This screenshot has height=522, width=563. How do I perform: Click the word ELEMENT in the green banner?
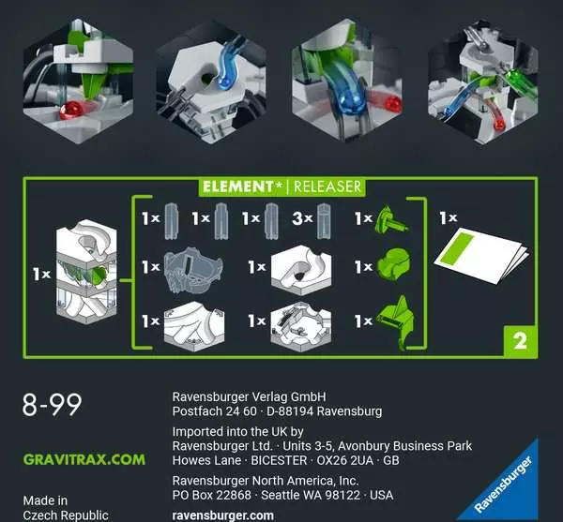(x=237, y=186)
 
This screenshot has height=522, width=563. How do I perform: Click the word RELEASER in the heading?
(x=327, y=186)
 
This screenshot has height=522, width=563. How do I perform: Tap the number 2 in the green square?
(x=520, y=341)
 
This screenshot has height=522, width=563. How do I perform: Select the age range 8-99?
(x=52, y=405)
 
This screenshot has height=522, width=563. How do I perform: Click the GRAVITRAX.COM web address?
(x=84, y=459)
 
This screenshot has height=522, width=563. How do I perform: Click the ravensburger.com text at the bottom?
(x=223, y=515)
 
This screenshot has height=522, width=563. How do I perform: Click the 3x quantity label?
(x=302, y=218)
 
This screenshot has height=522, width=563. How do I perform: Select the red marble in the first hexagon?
(x=70, y=110)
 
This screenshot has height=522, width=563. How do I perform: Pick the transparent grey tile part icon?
(x=193, y=269)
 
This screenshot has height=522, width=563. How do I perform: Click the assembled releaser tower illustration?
(x=86, y=272)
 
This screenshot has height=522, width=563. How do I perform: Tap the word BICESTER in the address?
(x=279, y=460)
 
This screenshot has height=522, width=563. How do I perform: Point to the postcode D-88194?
(x=290, y=411)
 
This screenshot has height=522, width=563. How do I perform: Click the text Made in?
(x=45, y=500)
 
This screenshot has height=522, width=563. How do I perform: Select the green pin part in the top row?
(x=390, y=218)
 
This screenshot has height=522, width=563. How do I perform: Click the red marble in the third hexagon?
(x=392, y=103)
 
